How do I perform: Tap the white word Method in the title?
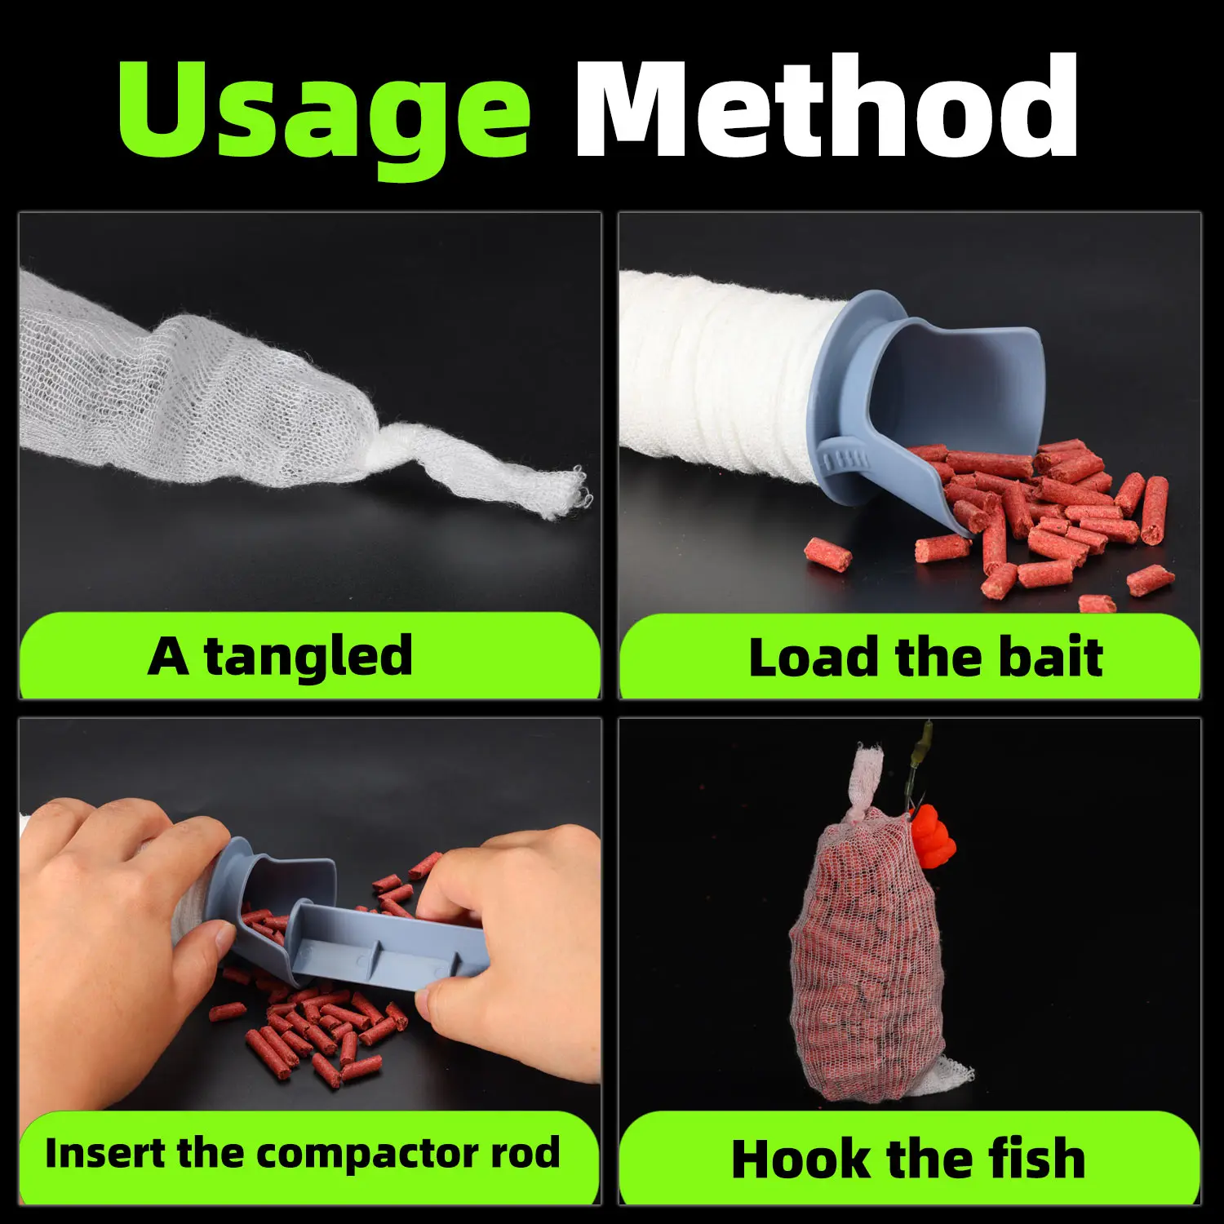click(826, 106)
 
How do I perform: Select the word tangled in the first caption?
click(308, 657)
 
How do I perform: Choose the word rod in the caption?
click(526, 1152)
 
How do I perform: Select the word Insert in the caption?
click(105, 1152)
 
